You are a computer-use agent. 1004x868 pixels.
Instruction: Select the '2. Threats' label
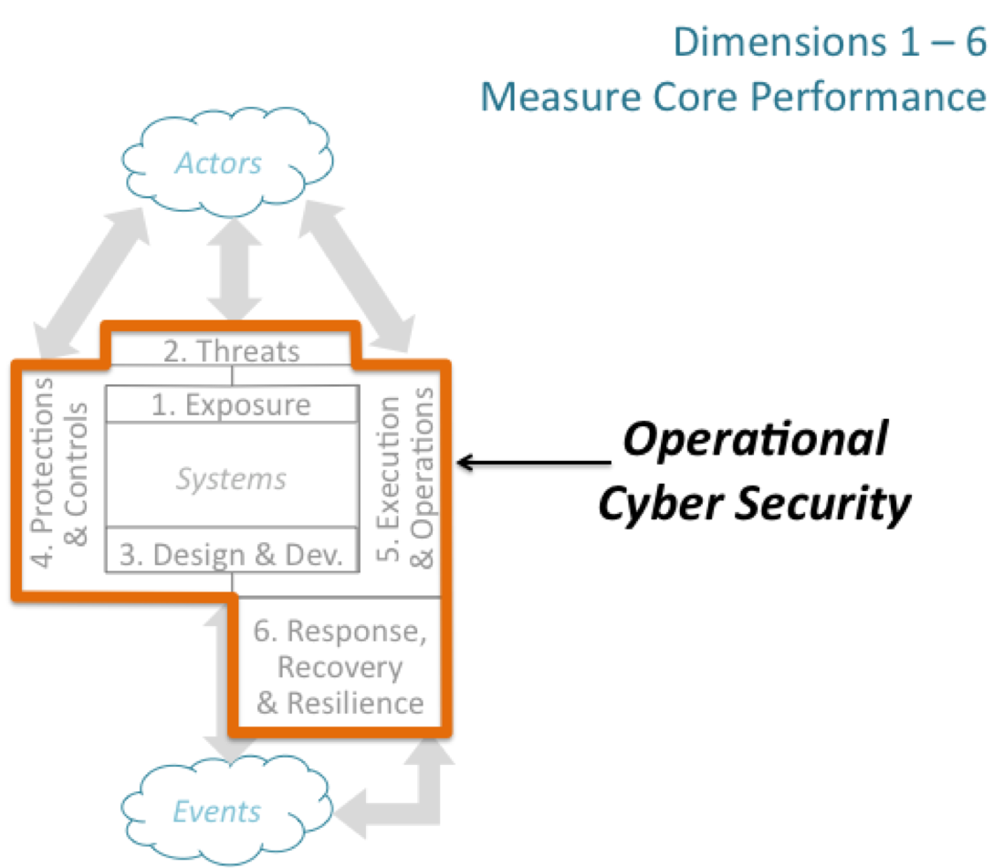point(231,351)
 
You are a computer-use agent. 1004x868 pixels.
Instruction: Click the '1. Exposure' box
point(232,404)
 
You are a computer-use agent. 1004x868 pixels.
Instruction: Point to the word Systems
point(231,479)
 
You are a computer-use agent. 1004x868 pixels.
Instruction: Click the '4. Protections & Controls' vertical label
point(59,473)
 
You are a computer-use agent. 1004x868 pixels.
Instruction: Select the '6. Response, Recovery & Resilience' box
point(340,665)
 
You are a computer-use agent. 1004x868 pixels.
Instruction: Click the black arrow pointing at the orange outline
point(535,462)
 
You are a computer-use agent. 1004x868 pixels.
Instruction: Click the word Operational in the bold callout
point(756,440)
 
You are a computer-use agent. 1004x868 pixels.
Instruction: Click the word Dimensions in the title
point(779,42)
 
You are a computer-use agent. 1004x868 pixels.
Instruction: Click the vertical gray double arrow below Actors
point(235,269)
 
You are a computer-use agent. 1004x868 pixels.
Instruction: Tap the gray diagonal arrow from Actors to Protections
point(91,282)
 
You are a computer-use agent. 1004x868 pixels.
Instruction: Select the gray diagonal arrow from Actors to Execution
point(357,277)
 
